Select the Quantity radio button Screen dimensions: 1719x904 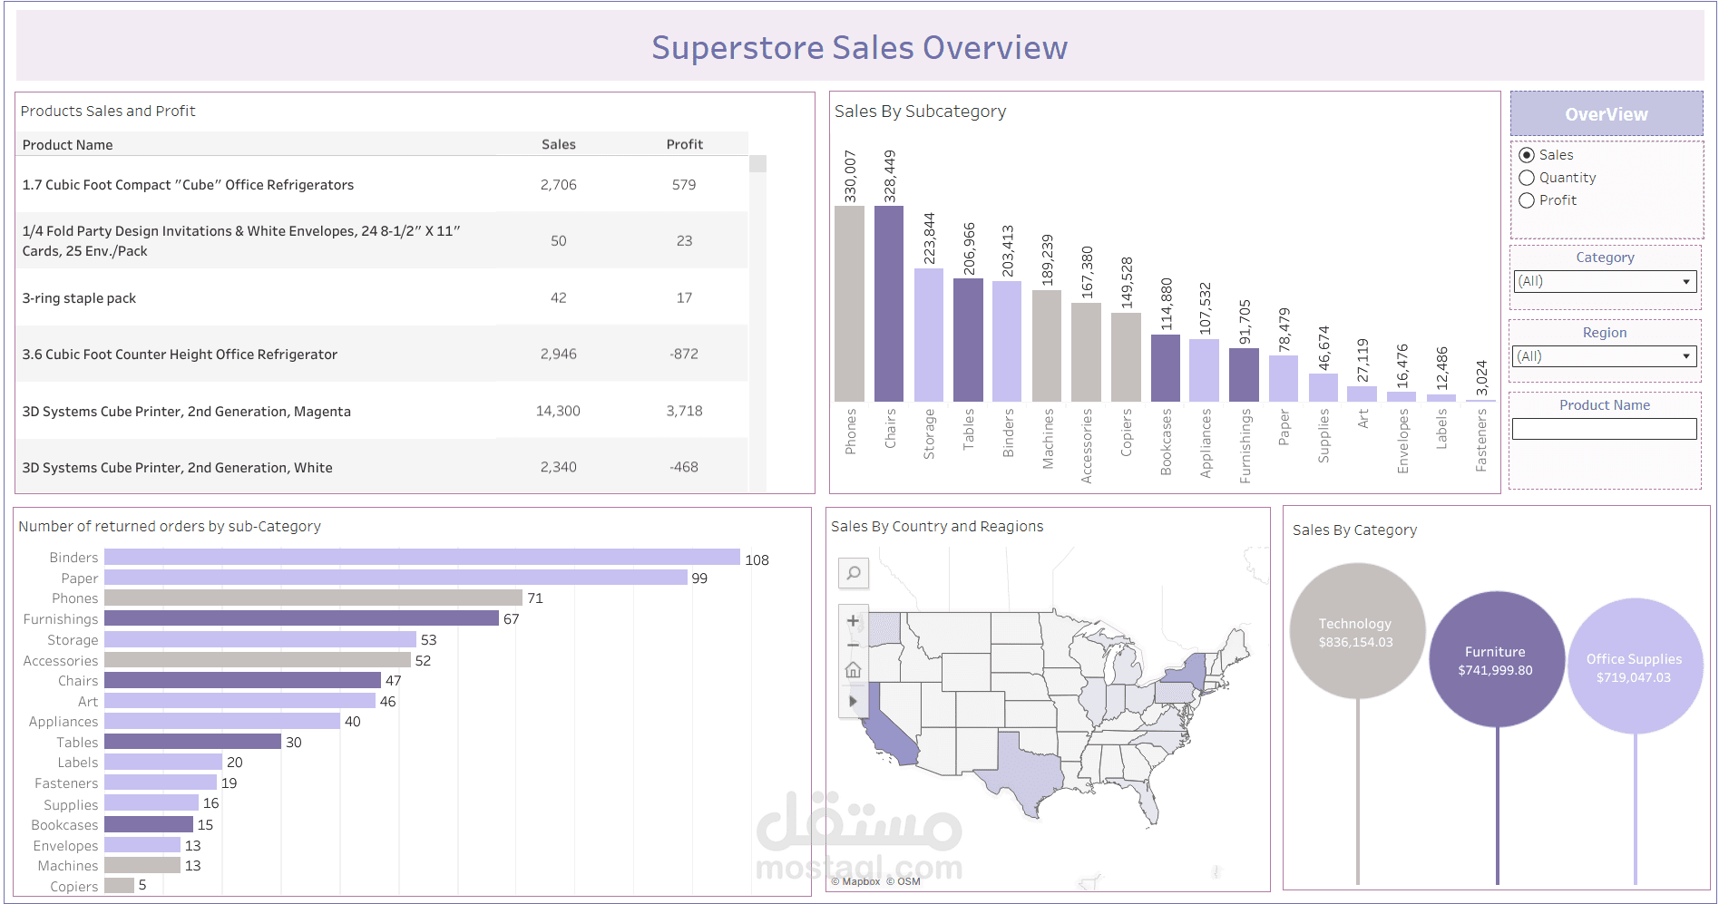tap(1527, 178)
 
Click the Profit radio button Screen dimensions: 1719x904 tap(1527, 200)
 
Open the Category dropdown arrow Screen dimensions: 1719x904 tap(1686, 282)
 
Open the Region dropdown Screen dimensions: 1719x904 tap(1605, 356)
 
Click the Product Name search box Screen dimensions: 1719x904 tap(1605, 429)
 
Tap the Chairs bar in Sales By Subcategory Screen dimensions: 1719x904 tap(889, 304)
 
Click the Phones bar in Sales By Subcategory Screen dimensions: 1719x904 tap(849, 304)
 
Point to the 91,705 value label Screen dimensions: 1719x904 tap(1245, 322)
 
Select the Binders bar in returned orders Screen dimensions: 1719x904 tap(422, 557)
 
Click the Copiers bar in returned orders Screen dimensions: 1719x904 tap(119, 885)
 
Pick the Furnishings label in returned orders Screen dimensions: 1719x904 tap(61, 619)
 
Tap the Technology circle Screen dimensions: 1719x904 tap(1357, 631)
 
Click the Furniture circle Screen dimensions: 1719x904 tap(1497, 659)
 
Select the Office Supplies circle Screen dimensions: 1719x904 tap(1636, 666)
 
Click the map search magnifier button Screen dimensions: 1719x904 tap(854, 573)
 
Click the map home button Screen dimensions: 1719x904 tap(854, 670)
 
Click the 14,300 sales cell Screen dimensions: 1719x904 tap(558, 411)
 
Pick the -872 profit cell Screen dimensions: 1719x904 tap(684, 355)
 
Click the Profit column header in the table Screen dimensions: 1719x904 tap(685, 144)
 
